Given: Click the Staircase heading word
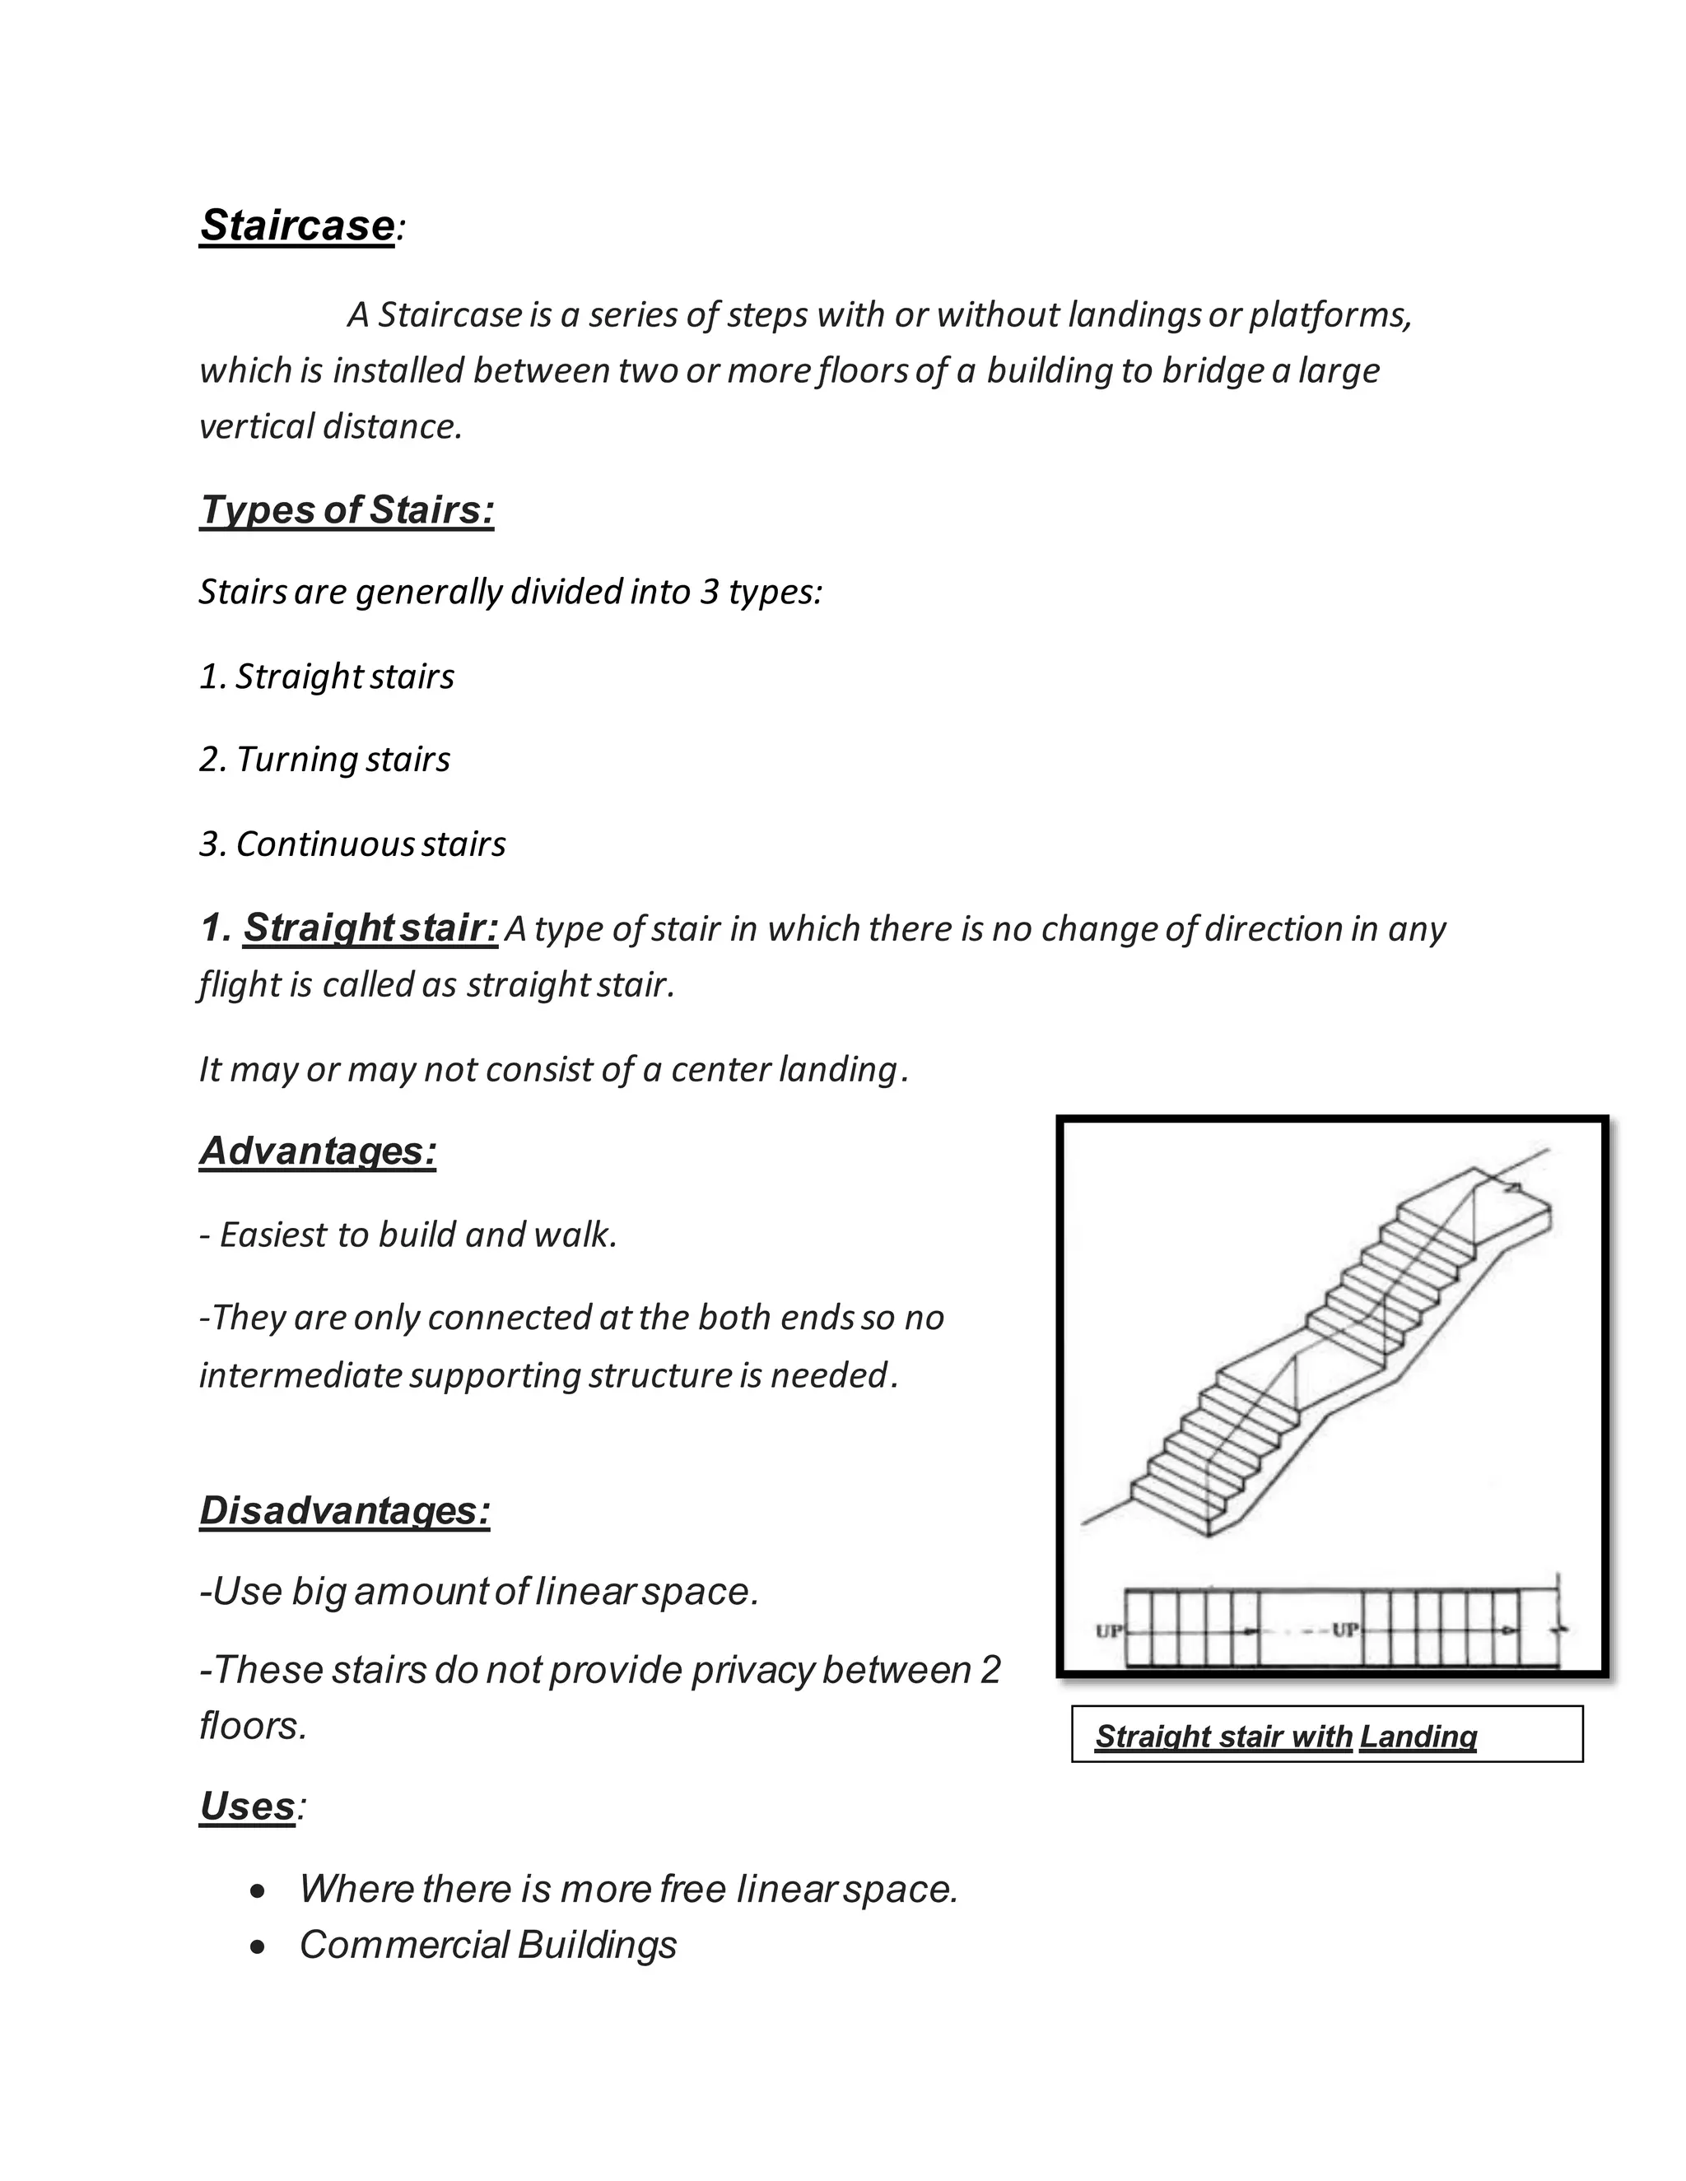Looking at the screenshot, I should click(296, 226).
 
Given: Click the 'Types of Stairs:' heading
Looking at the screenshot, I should click(347, 510).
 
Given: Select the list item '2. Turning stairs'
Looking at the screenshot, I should click(324, 760).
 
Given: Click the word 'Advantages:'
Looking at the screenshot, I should click(318, 1151).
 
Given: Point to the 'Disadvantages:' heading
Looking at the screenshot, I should click(345, 1511).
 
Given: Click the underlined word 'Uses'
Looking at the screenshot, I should click(247, 1807).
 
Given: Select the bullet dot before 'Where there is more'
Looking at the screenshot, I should click(258, 1891).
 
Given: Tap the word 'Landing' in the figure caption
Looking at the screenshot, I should click(1418, 1737).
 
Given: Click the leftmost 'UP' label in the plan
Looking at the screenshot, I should click(1110, 1630).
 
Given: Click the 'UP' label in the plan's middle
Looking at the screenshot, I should click(1345, 1630).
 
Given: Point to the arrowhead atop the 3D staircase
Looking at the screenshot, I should click(1512, 1188).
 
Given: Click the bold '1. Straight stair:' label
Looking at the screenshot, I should click(350, 928).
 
